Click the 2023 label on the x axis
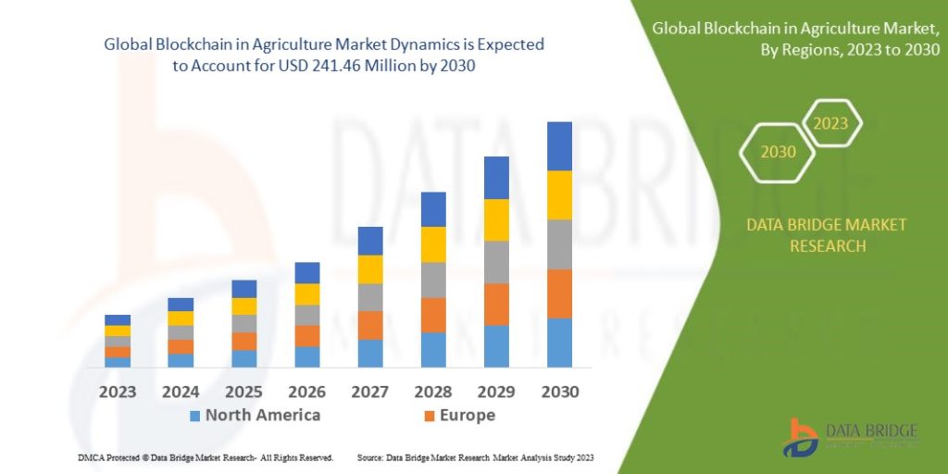pyautogui.click(x=118, y=392)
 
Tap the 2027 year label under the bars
pyautogui.click(x=369, y=392)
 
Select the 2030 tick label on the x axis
pyautogui.click(x=559, y=392)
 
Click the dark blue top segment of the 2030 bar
pyautogui.click(x=559, y=146)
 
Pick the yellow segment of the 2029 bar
pyautogui.click(x=496, y=219)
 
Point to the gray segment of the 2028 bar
pyautogui.click(x=433, y=280)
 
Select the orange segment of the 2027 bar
pyautogui.click(x=370, y=325)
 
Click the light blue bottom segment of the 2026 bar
pyautogui.click(x=307, y=356)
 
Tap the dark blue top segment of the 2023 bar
pyautogui.click(x=118, y=319)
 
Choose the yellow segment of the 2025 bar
pyautogui.click(x=244, y=306)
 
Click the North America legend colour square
pyautogui.click(x=194, y=416)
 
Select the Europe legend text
pyautogui.click(x=468, y=416)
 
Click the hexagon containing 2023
pyautogui.click(x=830, y=123)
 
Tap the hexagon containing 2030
pyautogui.click(x=778, y=151)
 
